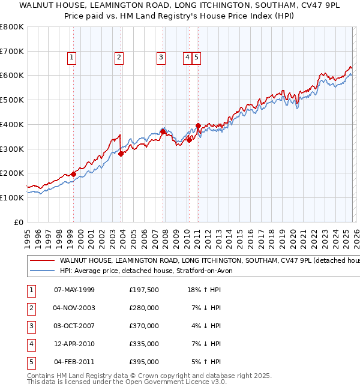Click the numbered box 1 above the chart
[71, 58]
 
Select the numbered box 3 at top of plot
[161, 58]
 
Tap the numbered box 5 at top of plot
[196, 58]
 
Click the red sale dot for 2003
[121, 154]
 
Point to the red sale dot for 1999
[73, 174]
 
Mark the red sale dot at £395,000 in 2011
[198, 125]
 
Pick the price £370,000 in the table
[144, 326]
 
